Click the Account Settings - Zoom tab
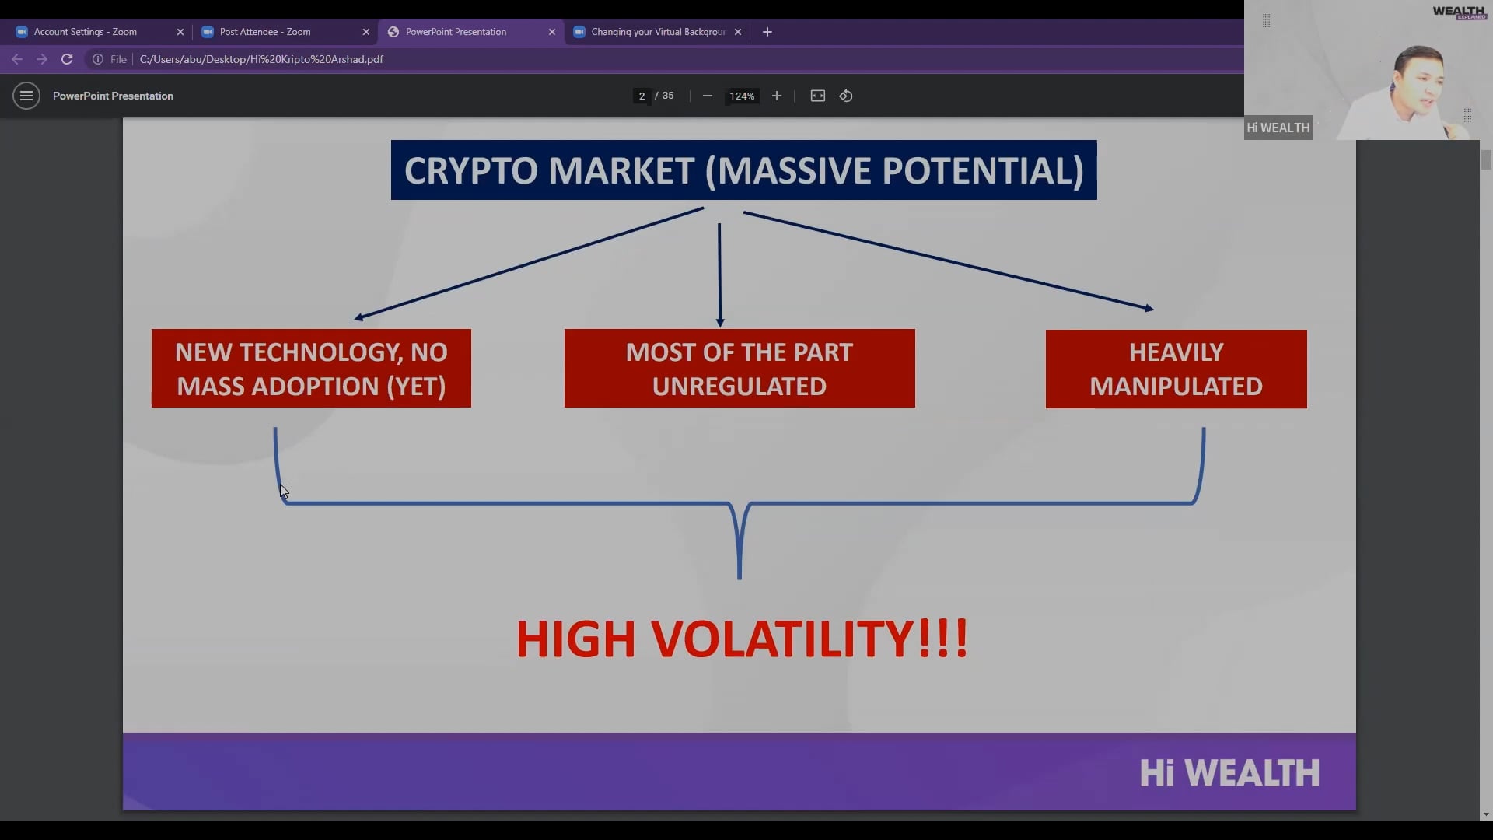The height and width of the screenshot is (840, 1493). pos(86,32)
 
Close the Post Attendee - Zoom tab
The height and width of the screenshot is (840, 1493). pos(366,32)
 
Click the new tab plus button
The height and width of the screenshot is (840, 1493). pos(767,32)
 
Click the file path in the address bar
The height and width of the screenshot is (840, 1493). pos(261,59)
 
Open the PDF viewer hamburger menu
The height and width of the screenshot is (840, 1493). pos(26,96)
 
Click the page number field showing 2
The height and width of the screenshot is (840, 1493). pos(642,96)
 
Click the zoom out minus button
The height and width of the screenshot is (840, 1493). pos(708,96)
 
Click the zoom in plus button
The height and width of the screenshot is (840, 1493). pos(777,96)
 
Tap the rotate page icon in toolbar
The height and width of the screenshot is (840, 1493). pos(846,96)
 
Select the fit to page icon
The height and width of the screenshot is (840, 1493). pos(818,96)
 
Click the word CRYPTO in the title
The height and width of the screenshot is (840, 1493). pos(470,171)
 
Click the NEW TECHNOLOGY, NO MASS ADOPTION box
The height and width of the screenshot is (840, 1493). pos(311,369)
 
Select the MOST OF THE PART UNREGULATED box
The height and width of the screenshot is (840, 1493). pos(740,369)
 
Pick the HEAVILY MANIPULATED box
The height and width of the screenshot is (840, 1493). pos(1176,369)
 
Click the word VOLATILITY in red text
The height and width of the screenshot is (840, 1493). pos(781,639)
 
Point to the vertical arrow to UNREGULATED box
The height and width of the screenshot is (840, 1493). pos(719,272)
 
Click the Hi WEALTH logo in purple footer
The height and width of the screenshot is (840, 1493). pos(1229,773)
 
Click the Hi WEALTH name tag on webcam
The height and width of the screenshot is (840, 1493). pos(1278,128)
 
